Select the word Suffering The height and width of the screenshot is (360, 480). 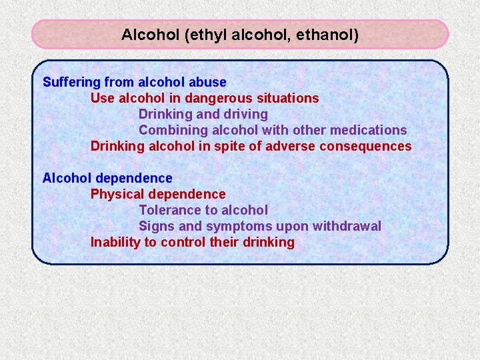(72, 82)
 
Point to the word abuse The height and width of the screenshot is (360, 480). (207, 82)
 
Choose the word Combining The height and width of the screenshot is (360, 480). (169, 130)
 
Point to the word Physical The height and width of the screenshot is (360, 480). (117, 194)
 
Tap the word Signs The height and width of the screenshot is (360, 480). (155, 226)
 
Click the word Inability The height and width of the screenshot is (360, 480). (115, 242)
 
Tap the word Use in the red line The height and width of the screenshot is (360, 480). (102, 98)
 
